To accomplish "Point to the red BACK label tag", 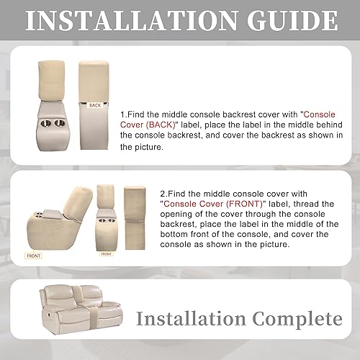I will (95, 105).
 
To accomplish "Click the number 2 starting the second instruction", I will (161, 194).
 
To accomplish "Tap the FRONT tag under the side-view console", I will (33, 254).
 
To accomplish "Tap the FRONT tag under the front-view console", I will (106, 253).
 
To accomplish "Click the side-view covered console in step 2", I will (58, 216).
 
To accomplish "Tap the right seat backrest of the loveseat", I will (100, 303).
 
